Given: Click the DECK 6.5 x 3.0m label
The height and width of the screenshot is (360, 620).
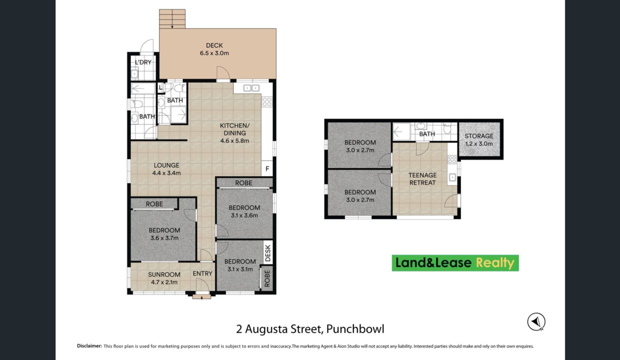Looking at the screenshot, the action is pos(214,49).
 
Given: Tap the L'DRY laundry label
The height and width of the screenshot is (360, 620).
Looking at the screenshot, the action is pos(143,62).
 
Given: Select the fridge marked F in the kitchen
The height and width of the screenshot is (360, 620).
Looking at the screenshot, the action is pos(267,168).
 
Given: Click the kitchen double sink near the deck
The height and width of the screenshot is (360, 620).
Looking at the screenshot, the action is pos(251,88).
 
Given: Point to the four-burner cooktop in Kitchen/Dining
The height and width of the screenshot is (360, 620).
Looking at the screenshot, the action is pos(267,102).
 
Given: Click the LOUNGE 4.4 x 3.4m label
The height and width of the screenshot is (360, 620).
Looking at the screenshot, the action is pos(166,169).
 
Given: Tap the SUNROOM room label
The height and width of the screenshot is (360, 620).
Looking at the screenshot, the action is pos(164,274).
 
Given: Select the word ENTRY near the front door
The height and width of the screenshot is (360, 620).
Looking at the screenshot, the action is pos(202,273).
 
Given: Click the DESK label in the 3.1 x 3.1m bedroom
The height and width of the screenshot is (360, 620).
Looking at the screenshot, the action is pos(267,253).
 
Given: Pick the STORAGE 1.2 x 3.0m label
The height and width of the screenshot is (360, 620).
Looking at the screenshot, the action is pos(479,139).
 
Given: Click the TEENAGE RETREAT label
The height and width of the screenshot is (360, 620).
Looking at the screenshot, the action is pos(422,179).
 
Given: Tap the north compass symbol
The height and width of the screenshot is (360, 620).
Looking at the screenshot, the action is pos(536,322).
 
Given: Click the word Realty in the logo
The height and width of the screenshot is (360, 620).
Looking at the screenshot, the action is pos(495,263).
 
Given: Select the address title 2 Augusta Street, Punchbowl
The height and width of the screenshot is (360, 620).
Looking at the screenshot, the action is pos(310,329).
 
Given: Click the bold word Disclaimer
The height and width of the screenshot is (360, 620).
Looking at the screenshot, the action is pos(89,346).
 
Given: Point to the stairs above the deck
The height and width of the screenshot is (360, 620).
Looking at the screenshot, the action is pos(172,19).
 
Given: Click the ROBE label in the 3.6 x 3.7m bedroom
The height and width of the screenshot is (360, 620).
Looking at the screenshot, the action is pos(154,204).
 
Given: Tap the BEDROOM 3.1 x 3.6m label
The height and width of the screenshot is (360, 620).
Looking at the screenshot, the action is pos(244,211).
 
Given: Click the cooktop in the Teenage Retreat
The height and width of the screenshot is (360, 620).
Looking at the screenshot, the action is pos(452,159).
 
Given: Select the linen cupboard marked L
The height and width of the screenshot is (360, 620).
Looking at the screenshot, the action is pos(160,87).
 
